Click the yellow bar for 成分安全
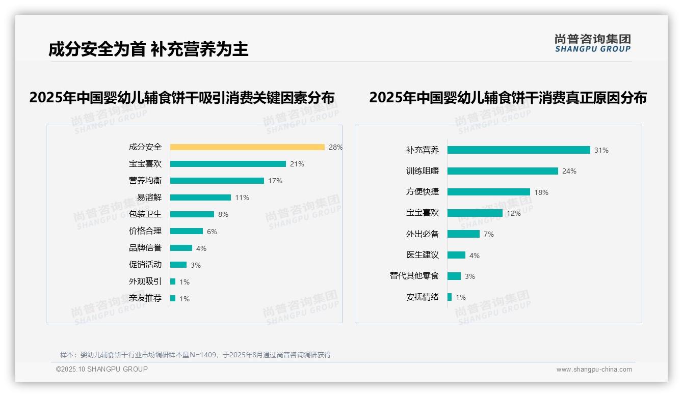pyautogui.click(x=247, y=147)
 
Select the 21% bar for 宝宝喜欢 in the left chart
pyautogui.click(x=228, y=164)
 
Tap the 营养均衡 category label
pyautogui.click(x=145, y=181)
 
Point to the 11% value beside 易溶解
pyautogui.click(x=242, y=197)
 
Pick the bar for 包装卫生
pyautogui.click(x=192, y=214)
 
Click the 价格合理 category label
pyautogui.click(x=145, y=231)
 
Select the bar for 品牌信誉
pyautogui.click(x=181, y=248)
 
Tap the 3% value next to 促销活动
pyautogui.click(x=196, y=265)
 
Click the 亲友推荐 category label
pyautogui.click(x=145, y=298)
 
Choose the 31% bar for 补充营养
pyautogui.click(x=518, y=150)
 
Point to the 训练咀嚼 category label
pyautogui.click(x=422, y=171)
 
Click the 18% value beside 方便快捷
pyautogui.click(x=541, y=192)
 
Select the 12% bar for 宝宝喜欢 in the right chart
pyautogui.click(x=475, y=213)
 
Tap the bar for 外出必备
pyautogui.click(x=463, y=234)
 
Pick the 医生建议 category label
pyautogui.click(x=422, y=255)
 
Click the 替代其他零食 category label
pyautogui.click(x=414, y=276)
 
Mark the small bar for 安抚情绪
pyautogui.click(x=450, y=297)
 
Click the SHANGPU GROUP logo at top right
pyautogui.click(x=593, y=43)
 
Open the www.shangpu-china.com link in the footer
pyautogui.click(x=594, y=370)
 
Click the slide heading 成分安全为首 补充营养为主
pyautogui.click(x=148, y=49)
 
